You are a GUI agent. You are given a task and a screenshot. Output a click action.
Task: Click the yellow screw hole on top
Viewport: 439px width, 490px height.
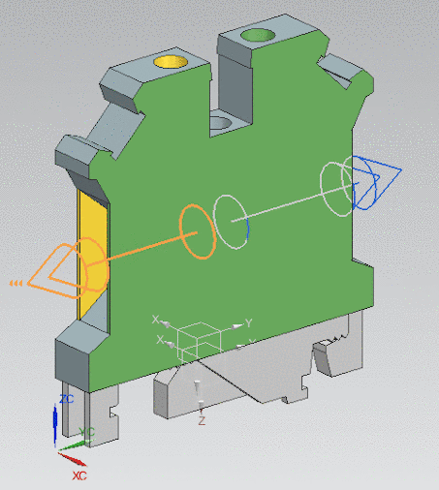pos(172,62)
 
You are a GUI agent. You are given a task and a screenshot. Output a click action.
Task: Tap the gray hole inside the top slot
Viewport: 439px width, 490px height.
pos(222,122)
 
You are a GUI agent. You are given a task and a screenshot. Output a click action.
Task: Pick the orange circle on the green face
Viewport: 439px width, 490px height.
pos(197,231)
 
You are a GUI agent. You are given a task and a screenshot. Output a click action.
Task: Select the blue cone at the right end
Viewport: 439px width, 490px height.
pos(377,181)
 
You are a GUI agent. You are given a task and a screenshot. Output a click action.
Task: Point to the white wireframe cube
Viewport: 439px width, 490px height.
pos(198,340)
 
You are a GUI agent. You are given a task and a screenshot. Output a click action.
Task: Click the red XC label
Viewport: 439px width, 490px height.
pos(79,476)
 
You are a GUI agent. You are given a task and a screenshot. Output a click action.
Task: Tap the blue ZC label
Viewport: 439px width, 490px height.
pos(67,398)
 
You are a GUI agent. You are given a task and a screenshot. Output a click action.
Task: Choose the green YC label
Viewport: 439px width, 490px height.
pos(87,431)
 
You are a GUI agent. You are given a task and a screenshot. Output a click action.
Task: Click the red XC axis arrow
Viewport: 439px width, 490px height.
pos(71,454)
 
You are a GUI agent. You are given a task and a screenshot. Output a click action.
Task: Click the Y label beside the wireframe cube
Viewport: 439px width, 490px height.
pos(248,322)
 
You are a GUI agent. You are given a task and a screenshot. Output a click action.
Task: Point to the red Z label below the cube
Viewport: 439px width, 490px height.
pos(202,421)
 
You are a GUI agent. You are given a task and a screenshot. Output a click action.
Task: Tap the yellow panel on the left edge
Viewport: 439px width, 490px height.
pos(89,256)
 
